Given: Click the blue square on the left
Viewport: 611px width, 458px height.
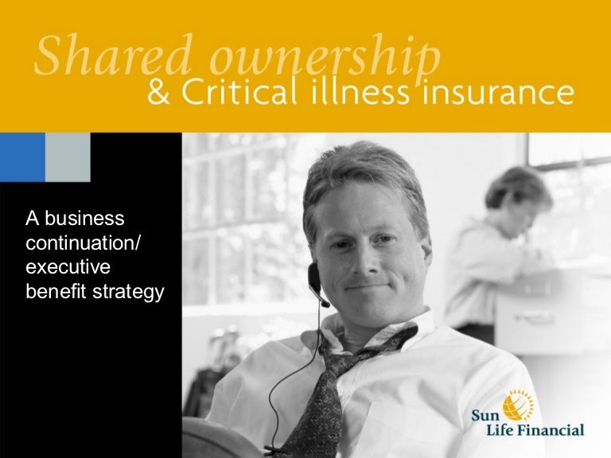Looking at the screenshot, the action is [22, 157].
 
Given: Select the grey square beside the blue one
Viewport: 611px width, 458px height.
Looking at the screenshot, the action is [68, 157].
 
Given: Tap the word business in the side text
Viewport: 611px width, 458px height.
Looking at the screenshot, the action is [84, 218].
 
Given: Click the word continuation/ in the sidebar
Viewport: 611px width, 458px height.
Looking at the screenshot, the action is [83, 243].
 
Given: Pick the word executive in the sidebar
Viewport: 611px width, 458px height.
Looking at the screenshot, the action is [68, 267].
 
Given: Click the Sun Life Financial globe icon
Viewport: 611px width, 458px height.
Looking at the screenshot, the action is [516, 404].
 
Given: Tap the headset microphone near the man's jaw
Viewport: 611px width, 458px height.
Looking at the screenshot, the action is [324, 299].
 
